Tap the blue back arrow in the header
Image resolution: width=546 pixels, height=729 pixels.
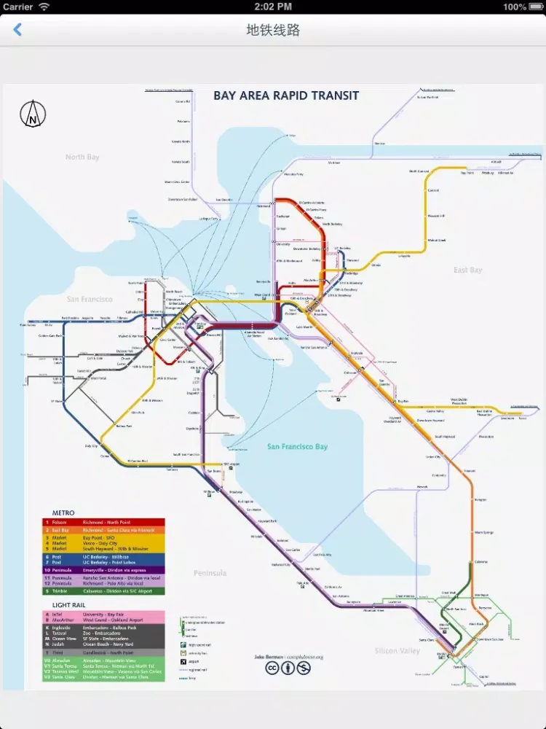point(17,30)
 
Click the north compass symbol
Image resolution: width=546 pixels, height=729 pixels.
point(33,114)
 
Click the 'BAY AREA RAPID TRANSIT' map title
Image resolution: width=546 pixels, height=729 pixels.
point(285,95)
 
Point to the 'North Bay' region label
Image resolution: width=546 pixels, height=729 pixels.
point(82,157)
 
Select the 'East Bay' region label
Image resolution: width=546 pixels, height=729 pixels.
point(467,270)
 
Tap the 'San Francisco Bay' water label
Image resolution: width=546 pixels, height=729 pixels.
point(297,447)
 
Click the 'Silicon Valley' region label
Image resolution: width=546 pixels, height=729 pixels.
point(397,650)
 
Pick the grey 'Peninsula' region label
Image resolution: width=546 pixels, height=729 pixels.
point(210,573)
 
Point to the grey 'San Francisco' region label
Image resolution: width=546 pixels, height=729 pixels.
point(90,300)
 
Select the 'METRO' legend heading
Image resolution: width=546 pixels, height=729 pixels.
point(63,513)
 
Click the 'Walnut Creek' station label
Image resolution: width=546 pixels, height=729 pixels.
point(437,240)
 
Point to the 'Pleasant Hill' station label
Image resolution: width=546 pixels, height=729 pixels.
point(436,216)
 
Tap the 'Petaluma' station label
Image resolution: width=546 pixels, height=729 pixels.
point(183,121)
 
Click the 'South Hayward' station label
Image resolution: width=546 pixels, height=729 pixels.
point(445,437)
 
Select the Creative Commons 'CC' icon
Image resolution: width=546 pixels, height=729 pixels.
point(272,668)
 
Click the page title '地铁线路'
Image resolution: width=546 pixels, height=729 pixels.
point(273,30)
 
